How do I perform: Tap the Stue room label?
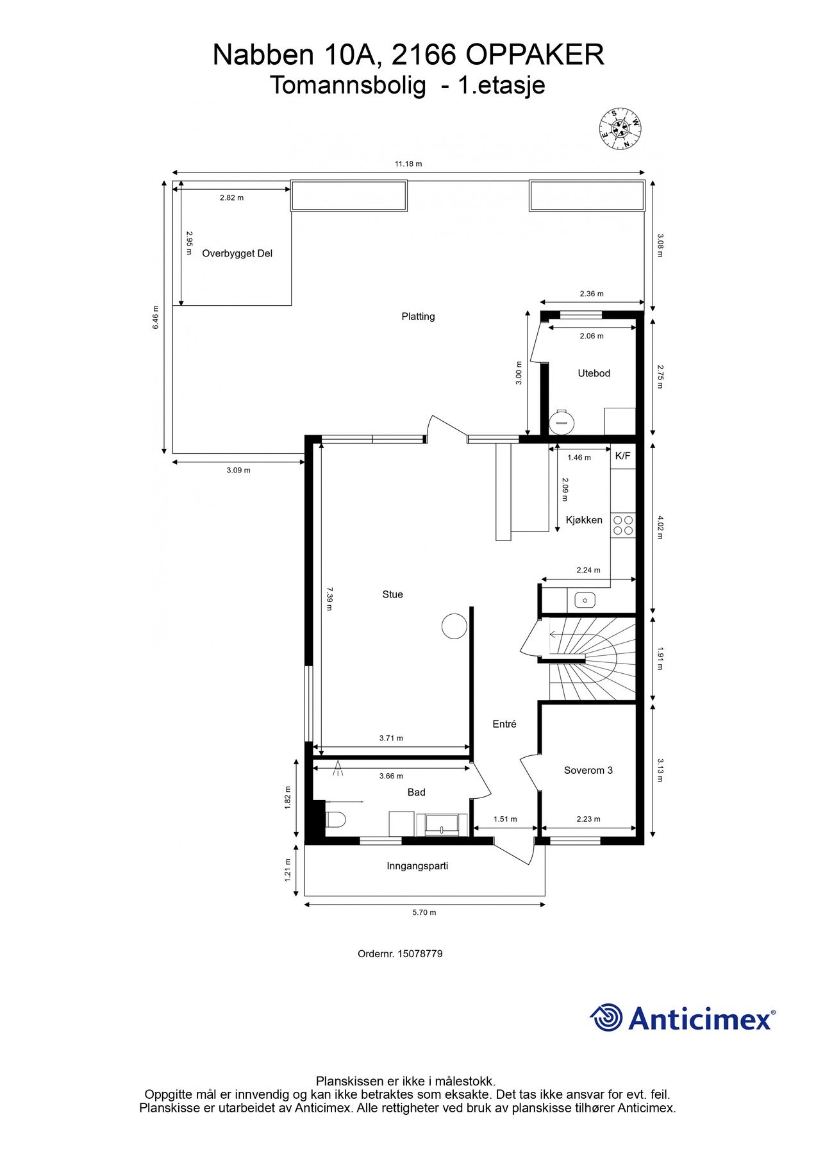pyautogui.click(x=392, y=594)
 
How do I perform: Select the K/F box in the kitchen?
pyautogui.click(x=622, y=456)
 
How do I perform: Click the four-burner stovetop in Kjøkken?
pyautogui.click(x=623, y=525)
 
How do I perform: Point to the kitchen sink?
pyautogui.click(x=585, y=600)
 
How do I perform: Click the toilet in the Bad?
pyautogui.click(x=336, y=820)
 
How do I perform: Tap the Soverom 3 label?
pyautogui.click(x=588, y=770)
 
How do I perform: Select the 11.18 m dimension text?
pyautogui.click(x=408, y=163)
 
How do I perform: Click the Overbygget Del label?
pyautogui.click(x=237, y=253)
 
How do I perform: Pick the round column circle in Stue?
pyautogui.click(x=454, y=626)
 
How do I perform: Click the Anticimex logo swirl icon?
pyautogui.click(x=606, y=1018)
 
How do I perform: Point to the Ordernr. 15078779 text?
pyautogui.click(x=400, y=953)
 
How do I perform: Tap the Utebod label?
pyautogui.click(x=594, y=373)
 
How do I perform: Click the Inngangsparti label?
pyautogui.click(x=417, y=865)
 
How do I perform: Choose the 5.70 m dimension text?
pyautogui.click(x=424, y=912)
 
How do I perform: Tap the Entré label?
pyautogui.click(x=504, y=724)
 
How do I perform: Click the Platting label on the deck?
pyautogui.click(x=418, y=316)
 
